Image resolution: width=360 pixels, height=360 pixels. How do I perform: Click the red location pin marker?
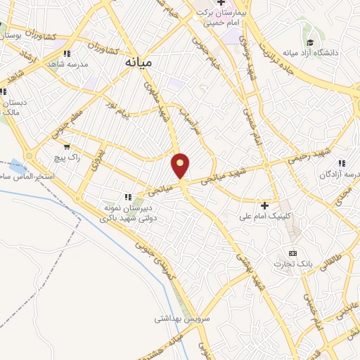pos(181,165)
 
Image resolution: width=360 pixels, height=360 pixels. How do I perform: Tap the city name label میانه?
pos(138,62)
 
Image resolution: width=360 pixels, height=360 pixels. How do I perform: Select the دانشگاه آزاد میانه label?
pos(310,53)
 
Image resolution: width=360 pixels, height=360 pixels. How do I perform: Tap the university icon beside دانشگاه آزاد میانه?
pos(310,39)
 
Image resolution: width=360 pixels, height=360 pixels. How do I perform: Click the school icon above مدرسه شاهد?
pos(66,53)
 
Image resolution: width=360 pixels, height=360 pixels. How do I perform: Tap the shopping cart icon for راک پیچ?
pos(66,147)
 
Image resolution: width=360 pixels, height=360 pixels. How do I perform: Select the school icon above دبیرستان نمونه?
pos(128,198)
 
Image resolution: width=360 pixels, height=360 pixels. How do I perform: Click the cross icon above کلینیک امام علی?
pos(264,205)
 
